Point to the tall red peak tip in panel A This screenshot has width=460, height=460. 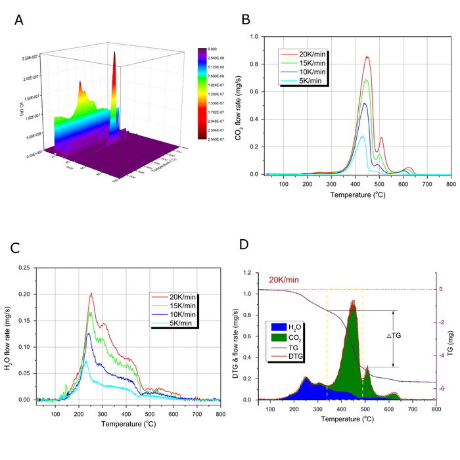115,54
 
